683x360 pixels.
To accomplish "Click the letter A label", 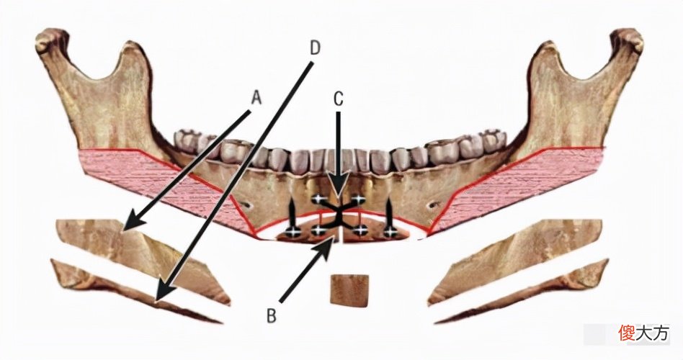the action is (256, 99).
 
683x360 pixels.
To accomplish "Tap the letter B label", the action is (272, 316).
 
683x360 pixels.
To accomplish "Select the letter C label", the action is (339, 99).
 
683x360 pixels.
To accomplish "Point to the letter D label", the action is (315, 49).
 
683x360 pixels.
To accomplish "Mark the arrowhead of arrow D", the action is (164, 291).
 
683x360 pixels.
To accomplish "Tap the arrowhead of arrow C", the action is (339, 186).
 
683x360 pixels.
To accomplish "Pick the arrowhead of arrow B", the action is (326, 246).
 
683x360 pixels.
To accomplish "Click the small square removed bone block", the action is (349, 290).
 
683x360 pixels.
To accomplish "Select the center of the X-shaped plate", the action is (338, 215).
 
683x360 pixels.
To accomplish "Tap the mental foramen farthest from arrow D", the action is (432, 204).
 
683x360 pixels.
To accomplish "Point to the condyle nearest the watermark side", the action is (628, 41).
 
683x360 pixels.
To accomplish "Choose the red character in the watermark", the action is (626, 333).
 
